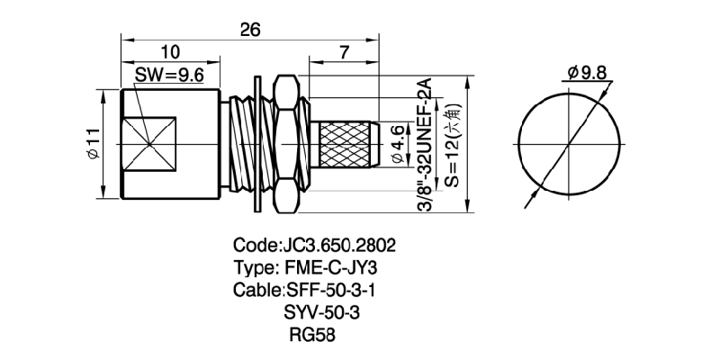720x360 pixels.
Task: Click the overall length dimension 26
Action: pyautogui.click(x=250, y=30)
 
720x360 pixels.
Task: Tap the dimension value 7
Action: pyautogui.click(x=345, y=53)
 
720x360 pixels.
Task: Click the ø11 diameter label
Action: pyautogui.click(x=91, y=144)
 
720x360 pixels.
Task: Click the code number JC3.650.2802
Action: pyautogui.click(x=339, y=246)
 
